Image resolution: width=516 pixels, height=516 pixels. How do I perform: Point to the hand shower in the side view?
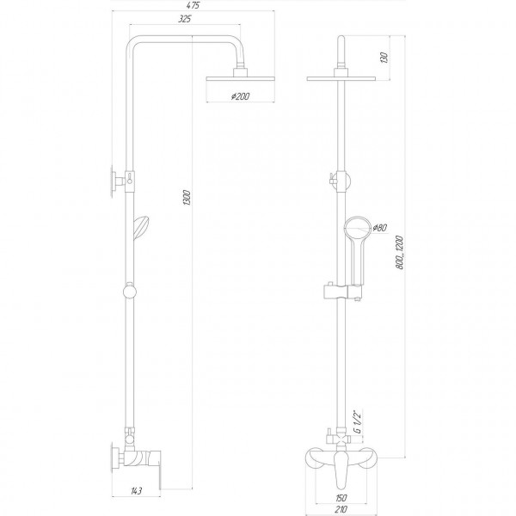click(x=139, y=227)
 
